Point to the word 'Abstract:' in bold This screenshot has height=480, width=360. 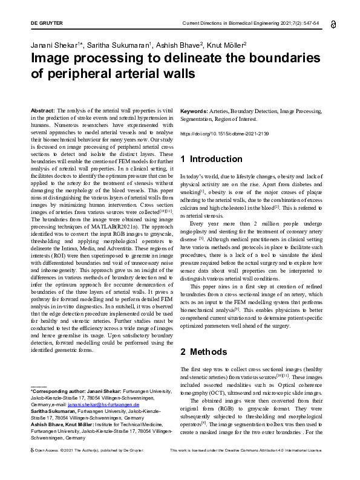pos(43,111)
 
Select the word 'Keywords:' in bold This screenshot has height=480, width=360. pos(194,111)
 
